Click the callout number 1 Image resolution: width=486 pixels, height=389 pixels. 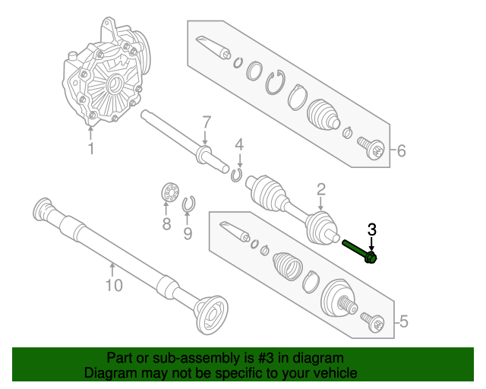tap(91, 149)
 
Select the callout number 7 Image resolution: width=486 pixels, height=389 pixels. tap(205, 123)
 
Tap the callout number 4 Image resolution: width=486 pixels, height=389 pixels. tap(238, 144)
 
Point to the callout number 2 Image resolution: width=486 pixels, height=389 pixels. tap(321, 189)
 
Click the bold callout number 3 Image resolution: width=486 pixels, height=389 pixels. tap(371, 229)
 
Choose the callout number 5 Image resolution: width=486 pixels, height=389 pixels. tap(402, 322)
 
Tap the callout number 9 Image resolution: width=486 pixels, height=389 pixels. tap(188, 232)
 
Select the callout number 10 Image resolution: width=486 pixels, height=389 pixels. tap(113, 286)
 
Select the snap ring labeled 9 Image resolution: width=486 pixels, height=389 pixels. tap(190, 204)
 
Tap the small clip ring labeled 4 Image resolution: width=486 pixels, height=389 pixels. tap(237, 176)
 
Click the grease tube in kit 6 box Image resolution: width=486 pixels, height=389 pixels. tap(213, 46)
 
